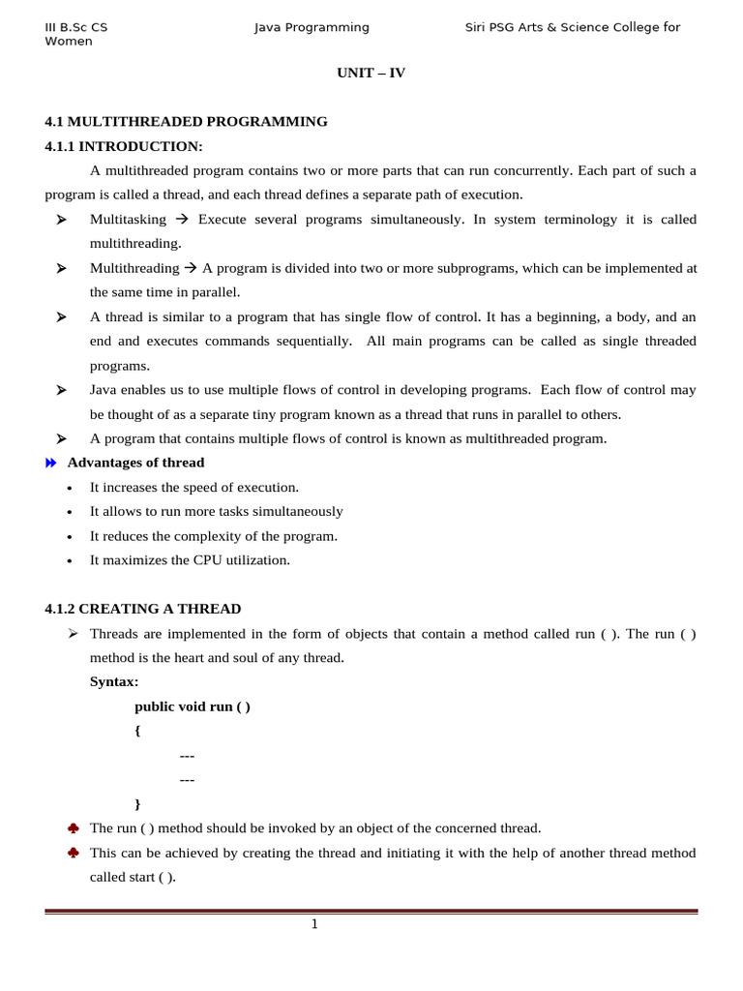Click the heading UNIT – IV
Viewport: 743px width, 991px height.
tap(371, 73)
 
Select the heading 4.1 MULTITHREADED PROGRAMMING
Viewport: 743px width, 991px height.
tap(186, 122)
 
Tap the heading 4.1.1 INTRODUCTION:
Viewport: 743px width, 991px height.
tap(124, 146)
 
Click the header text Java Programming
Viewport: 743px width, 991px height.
tap(312, 27)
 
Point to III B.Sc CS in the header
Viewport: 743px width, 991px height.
tap(76, 27)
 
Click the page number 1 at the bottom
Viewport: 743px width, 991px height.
tap(314, 924)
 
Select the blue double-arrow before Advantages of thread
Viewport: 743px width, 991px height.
tap(51, 464)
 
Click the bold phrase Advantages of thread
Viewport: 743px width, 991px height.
tap(135, 463)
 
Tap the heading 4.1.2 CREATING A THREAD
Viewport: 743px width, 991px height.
tap(143, 609)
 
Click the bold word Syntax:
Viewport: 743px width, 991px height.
tap(114, 681)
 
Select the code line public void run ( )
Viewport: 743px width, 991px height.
tap(193, 706)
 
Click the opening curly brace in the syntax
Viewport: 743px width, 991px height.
tap(137, 731)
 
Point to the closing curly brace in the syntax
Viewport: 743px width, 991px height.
tap(137, 803)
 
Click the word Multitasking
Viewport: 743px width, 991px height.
tap(128, 220)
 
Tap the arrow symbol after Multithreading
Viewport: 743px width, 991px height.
tap(191, 268)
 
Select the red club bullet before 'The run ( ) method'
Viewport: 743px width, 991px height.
tap(73, 828)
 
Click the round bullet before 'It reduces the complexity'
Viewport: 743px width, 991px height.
tap(69, 537)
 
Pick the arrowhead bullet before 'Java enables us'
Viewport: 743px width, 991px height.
tap(61, 390)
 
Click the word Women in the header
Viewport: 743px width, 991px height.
tap(69, 42)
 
